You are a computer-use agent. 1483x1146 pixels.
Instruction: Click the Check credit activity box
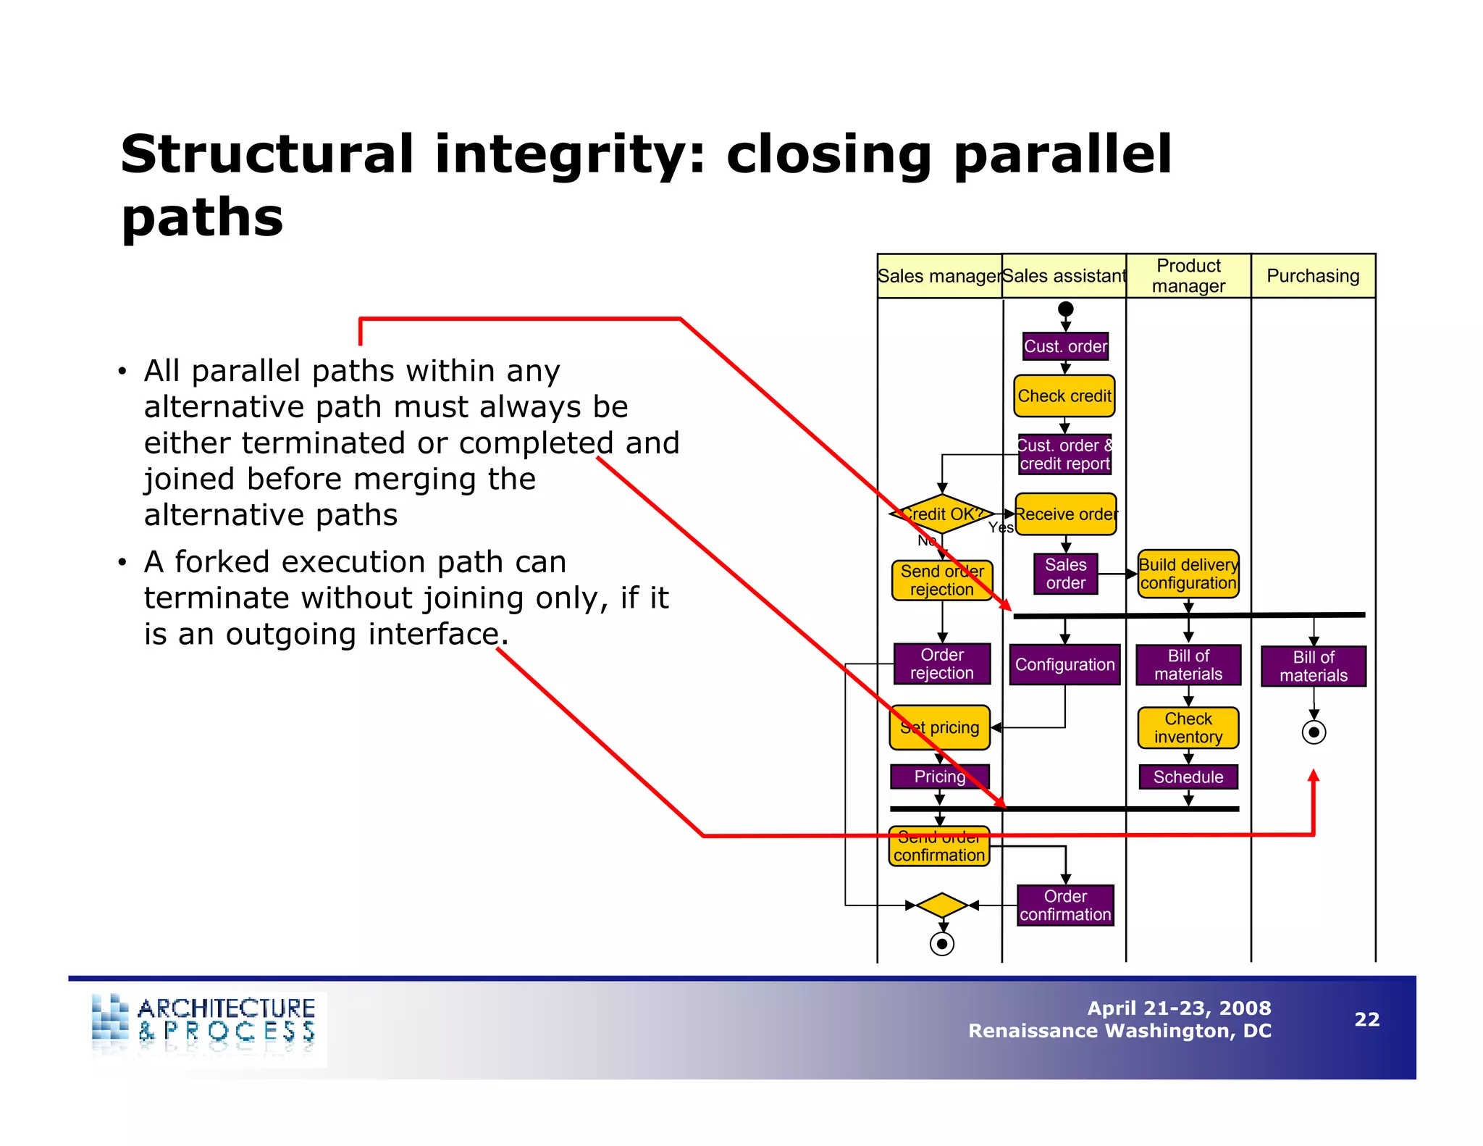pyautogui.click(x=1064, y=396)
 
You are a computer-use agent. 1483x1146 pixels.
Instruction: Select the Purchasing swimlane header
pyautogui.click(x=1313, y=275)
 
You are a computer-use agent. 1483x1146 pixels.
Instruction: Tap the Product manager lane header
pyautogui.click(x=1188, y=275)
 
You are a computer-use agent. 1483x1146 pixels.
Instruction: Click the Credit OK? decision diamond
pyautogui.click(x=941, y=514)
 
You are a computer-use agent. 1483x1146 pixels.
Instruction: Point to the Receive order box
pyautogui.click(x=1066, y=514)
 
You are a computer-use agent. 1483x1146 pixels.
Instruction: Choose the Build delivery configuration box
pyautogui.click(x=1188, y=574)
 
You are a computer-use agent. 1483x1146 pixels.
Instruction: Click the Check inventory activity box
pyautogui.click(x=1188, y=727)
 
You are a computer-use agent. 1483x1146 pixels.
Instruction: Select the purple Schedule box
pyautogui.click(x=1188, y=777)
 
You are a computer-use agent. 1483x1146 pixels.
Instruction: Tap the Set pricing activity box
pyautogui.click(x=940, y=727)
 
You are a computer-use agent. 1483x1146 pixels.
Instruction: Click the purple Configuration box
pyautogui.click(x=1064, y=664)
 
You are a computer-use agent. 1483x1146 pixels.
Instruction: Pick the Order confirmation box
pyautogui.click(x=1065, y=905)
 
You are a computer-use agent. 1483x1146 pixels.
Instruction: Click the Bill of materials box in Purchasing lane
pyautogui.click(x=1314, y=666)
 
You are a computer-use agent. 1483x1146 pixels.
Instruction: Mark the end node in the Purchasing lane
pyautogui.click(x=1314, y=732)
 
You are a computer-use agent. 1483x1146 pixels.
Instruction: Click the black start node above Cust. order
pyautogui.click(x=1065, y=309)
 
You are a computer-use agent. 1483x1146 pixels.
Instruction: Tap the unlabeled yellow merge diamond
pyautogui.click(x=941, y=905)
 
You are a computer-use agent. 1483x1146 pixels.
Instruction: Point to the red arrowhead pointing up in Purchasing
pyautogui.click(x=1314, y=776)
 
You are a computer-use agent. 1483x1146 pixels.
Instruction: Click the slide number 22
pyautogui.click(x=1366, y=1019)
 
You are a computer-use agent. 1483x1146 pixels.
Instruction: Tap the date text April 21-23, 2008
pyautogui.click(x=1179, y=1008)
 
